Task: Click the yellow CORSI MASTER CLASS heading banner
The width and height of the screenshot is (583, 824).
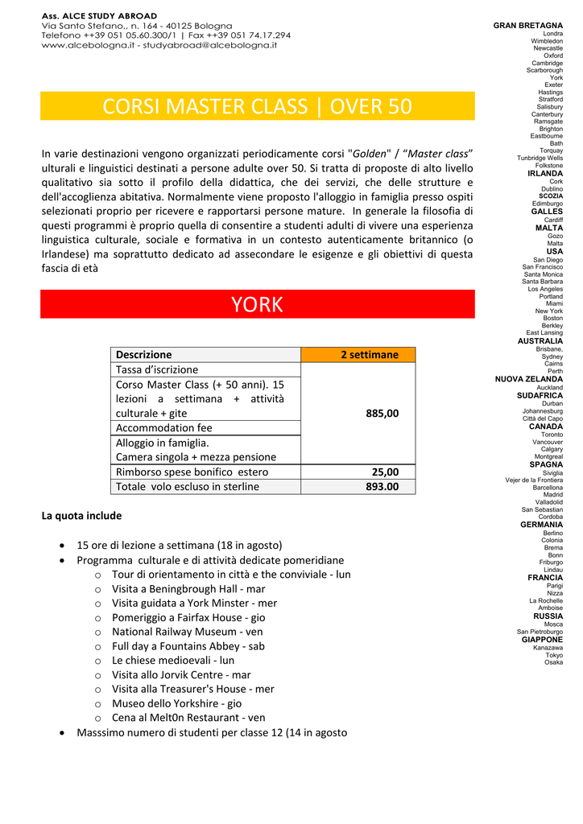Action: [257, 106]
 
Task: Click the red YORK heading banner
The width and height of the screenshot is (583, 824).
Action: [257, 304]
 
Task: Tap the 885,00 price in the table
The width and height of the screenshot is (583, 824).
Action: [382, 413]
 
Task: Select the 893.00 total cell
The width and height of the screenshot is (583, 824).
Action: [382, 486]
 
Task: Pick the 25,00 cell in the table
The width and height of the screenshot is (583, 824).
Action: [385, 472]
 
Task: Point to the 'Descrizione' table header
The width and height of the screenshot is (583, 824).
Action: [144, 354]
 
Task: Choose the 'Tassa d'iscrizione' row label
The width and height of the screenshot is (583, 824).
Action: [157, 369]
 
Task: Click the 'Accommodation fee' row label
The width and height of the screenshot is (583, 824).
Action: [164, 427]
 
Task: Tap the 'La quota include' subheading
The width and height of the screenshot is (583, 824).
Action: [81, 515]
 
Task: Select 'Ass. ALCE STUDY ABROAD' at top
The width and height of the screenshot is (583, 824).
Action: [99, 16]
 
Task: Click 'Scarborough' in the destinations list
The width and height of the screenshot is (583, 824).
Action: [545, 70]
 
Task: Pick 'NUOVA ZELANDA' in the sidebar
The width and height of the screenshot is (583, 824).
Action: [529, 378]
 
